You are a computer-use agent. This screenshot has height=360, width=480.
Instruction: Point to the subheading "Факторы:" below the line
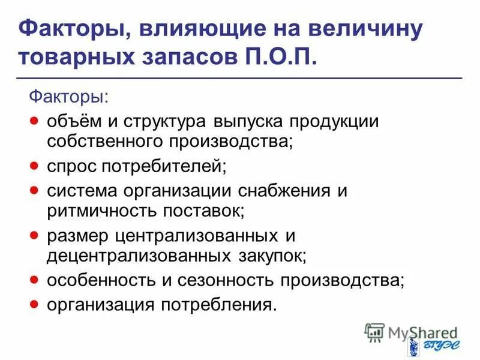point(70,96)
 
